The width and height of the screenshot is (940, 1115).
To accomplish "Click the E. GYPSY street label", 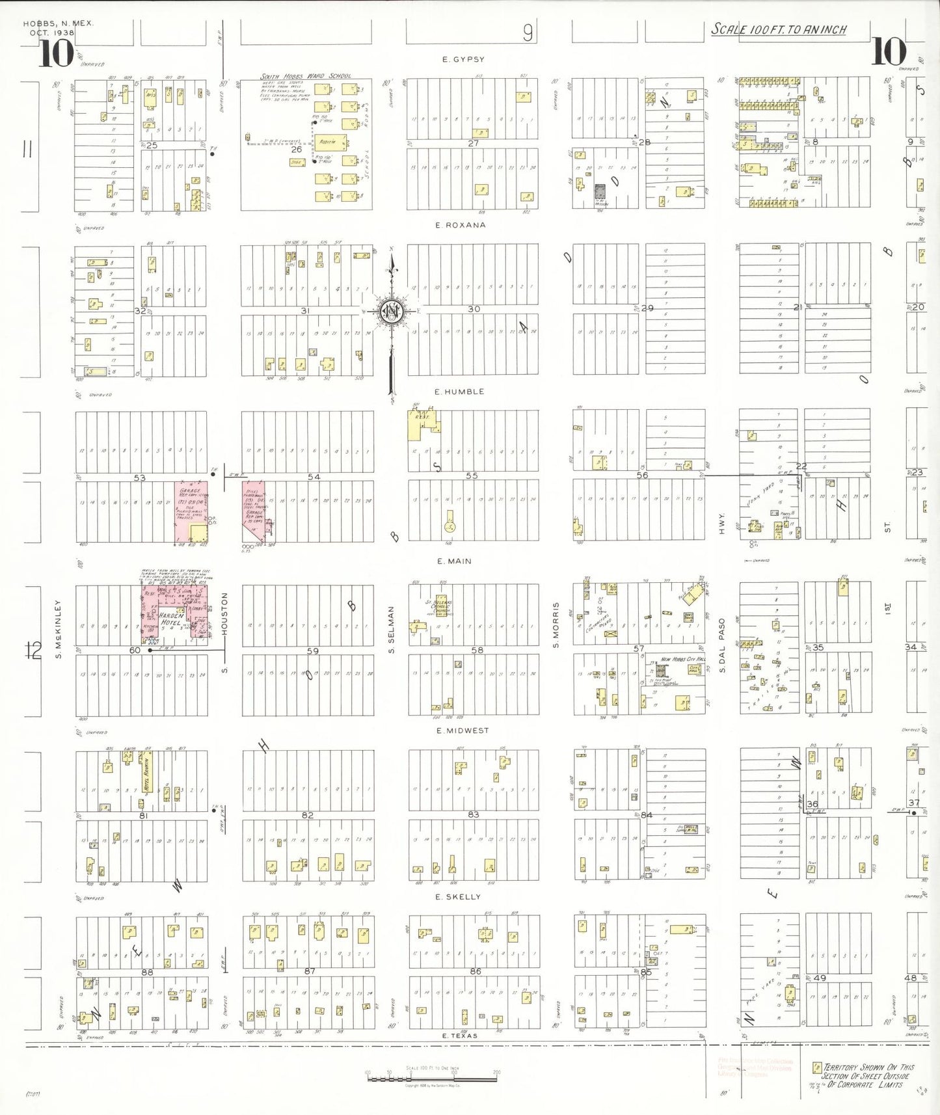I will point(463,59).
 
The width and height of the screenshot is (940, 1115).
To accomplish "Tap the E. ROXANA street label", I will point(460,225).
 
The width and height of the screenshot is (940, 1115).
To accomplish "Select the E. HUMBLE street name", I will point(459,392).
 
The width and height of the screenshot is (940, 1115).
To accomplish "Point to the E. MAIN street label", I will point(454,561).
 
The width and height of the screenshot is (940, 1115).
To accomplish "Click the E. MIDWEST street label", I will point(463,731).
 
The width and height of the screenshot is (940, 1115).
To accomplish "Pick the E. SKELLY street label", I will point(458,896).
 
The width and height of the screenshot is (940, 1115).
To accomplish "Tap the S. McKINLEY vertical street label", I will point(58,628).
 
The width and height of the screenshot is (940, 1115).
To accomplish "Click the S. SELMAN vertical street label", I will point(392,630).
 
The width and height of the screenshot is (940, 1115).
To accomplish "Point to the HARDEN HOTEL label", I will point(172,619).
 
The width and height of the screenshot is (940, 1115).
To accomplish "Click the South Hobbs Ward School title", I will point(306,76).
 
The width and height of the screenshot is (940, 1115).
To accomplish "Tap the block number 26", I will point(297,150).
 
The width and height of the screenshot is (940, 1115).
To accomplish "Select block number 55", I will point(472,476).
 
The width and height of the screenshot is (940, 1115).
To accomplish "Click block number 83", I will point(473,814).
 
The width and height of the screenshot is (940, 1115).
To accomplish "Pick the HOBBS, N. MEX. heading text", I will point(59,23).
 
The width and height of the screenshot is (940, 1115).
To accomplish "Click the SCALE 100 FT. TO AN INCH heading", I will point(778,29).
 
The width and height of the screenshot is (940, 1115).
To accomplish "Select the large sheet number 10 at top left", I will point(55,53).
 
